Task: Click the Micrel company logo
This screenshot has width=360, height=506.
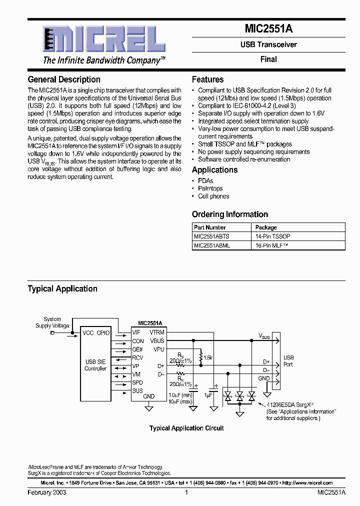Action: pyautogui.click(x=96, y=40)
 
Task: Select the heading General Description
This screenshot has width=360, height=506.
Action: pyautogui.click(x=64, y=79)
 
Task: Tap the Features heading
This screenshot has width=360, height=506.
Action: pyautogui.click(x=207, y=79)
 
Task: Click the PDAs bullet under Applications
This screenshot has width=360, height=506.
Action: pyautogui.click(x=205, y=181)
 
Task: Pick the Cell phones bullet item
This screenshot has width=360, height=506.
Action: pyautogui.click(x=213, y=196)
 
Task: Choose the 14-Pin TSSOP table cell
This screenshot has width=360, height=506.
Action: pyautogui.click(x=273, y=236)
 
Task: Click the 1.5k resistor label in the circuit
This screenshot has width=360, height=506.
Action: pyautogui.click(x=208, y=357)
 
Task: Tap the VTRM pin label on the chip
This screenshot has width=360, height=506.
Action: pyautogui.click(x=157, y=332)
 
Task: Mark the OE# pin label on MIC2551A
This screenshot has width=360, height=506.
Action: pyautogui.click(x=137, y=349)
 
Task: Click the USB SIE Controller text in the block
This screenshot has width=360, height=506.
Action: pyautogui.click(x=95, y=365)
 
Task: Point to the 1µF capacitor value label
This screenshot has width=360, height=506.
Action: pyautogui.click(x=209, y=395)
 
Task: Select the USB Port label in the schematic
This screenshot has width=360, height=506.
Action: pyautogui.click(x=288, y=361)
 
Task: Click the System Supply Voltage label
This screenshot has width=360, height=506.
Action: pyautogui.click(x=52, y=322)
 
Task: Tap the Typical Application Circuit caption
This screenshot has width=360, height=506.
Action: pyautogui.click(x=186, y=428)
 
